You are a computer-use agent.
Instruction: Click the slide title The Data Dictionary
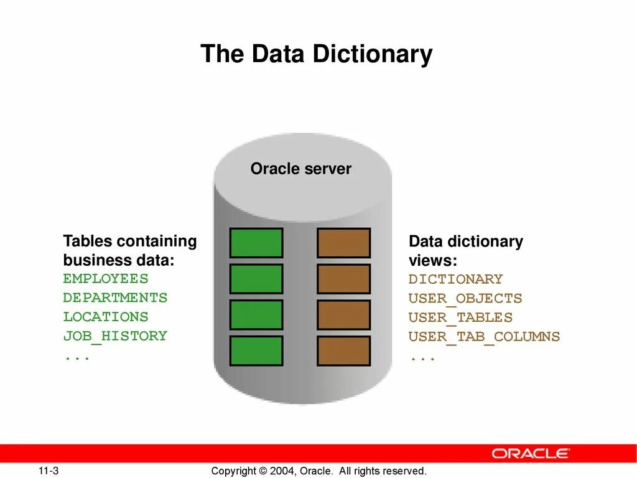pos(316,54)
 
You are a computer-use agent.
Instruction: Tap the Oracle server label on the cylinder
pos(300,169)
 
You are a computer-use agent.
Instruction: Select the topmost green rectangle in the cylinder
pos(256,243)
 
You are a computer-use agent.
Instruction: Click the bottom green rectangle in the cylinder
pos(256,351)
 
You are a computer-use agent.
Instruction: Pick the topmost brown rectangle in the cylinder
pos(343,243)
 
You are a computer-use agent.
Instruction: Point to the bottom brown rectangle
pos(343,351)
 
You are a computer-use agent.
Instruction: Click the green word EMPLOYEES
pos(106,279)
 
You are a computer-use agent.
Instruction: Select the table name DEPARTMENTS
pos(115,298)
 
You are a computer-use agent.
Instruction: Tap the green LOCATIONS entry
pos(106,317)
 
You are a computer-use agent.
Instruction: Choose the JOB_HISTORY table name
pos(115,336)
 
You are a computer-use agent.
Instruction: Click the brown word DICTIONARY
pos(455,279)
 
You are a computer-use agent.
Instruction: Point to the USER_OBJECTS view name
pos(465,299)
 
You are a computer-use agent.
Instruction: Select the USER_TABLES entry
pos(460,317)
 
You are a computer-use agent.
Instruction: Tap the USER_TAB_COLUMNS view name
pos(484,337)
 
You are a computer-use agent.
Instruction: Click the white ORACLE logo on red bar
pos(530,453)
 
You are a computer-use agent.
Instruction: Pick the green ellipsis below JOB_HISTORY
pos(77,357)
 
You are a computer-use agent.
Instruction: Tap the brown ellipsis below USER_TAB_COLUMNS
pos(422,358)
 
